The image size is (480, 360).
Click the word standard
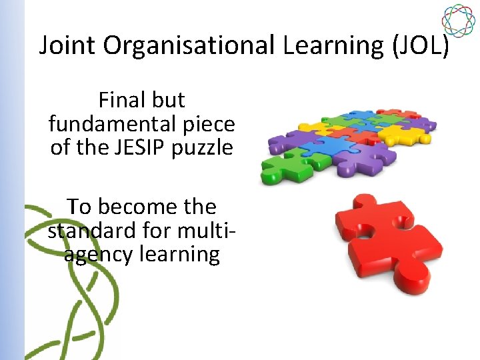tap(93, 230)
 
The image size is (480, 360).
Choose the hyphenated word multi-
tap(205, 230)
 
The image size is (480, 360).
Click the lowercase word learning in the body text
tap(182, 255)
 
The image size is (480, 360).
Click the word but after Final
tap(168, 100)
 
